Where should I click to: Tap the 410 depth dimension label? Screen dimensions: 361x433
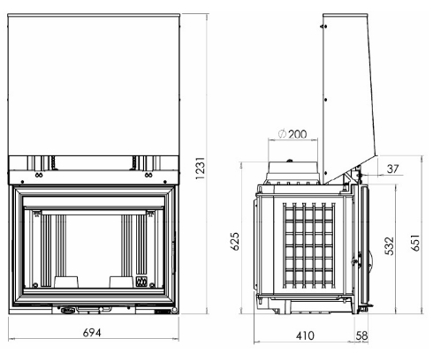click(305, 336)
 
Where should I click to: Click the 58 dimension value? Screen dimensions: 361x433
click(362, 336)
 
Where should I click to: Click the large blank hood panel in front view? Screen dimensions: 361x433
click(93, 79)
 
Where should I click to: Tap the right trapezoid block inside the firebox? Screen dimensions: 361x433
click(119, 280)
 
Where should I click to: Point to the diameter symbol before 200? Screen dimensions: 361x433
click(282, 134)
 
